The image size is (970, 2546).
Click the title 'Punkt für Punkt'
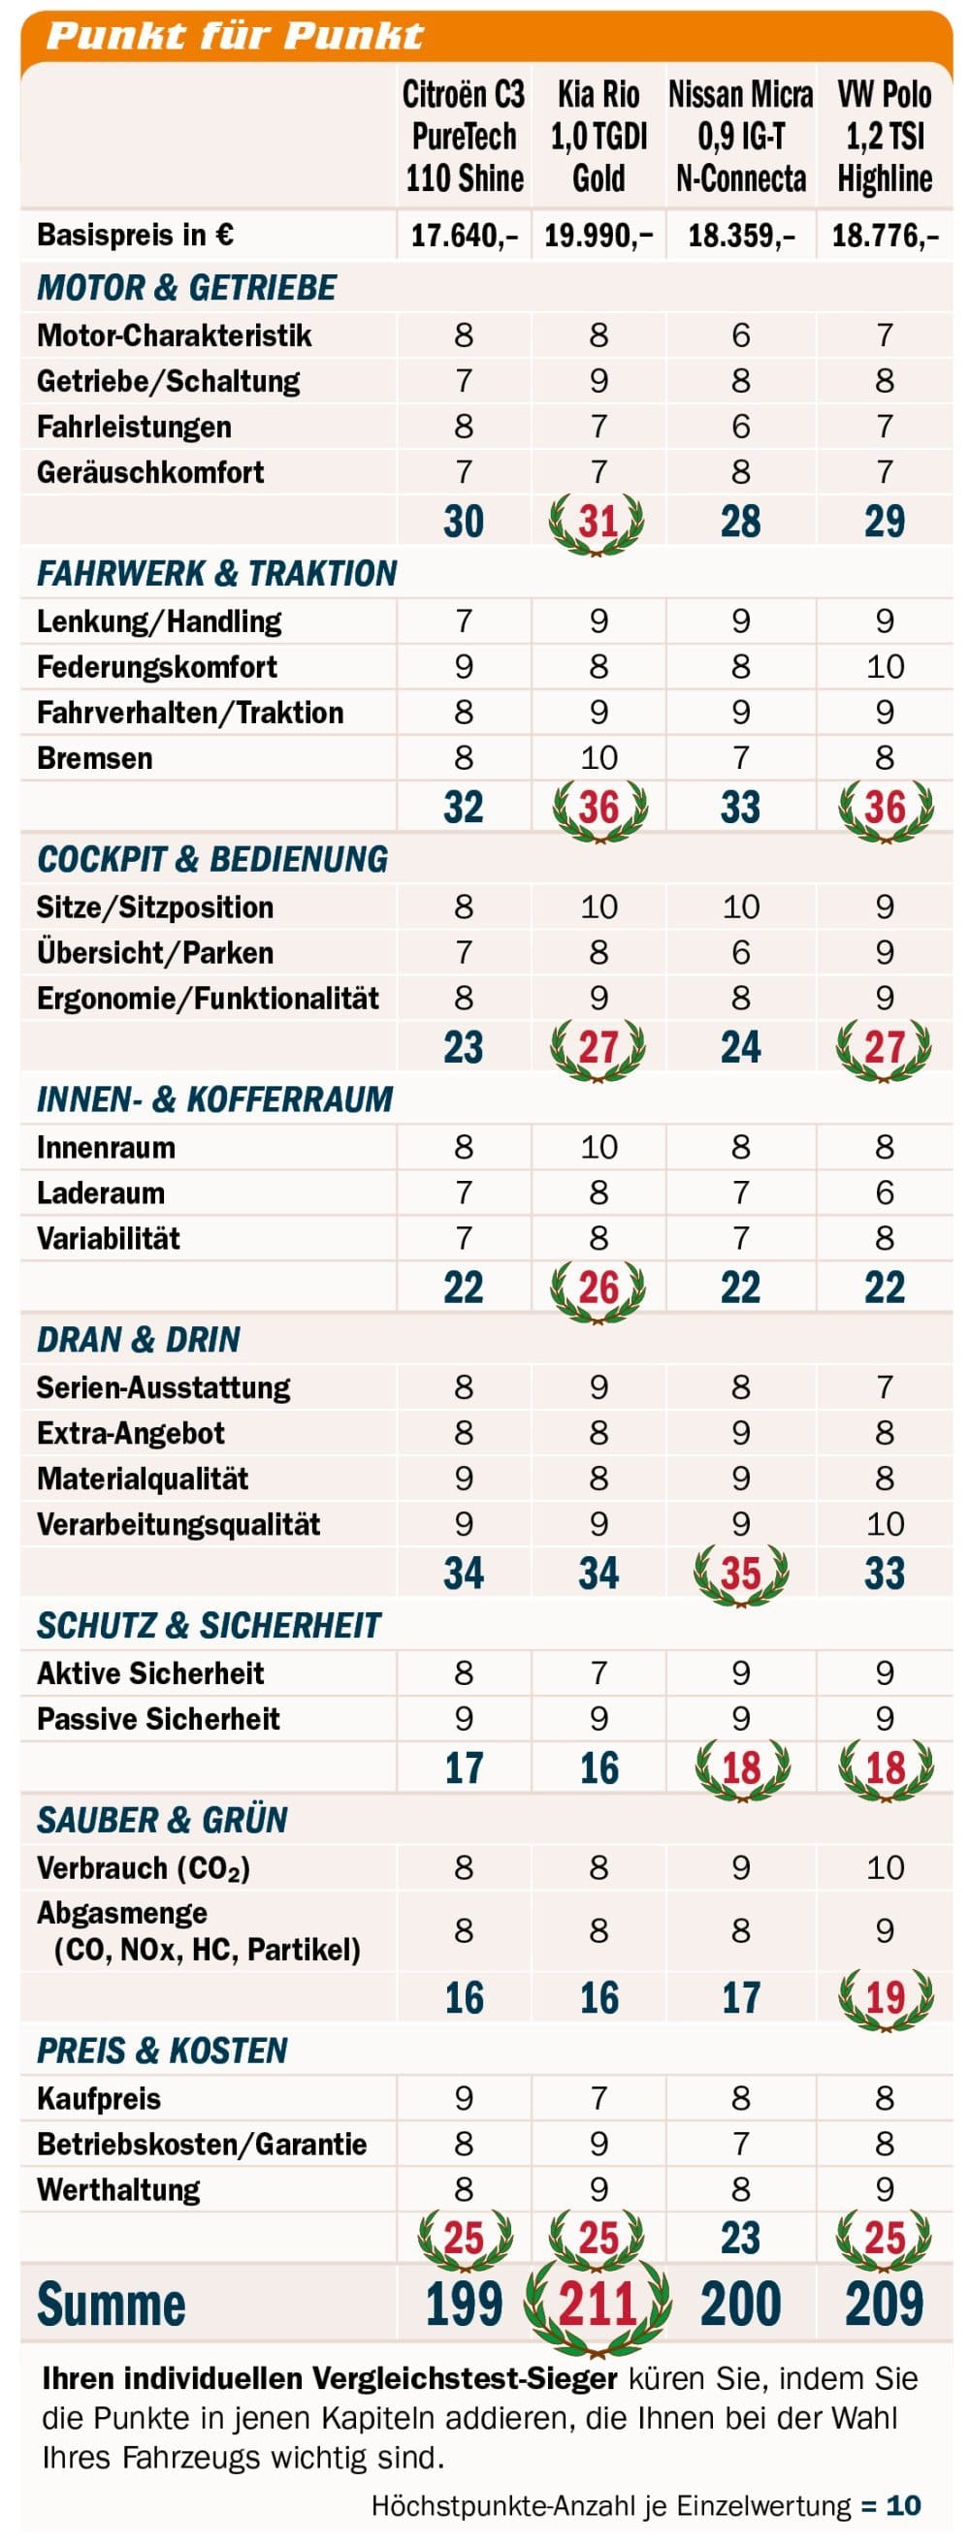235,36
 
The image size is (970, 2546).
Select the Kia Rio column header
598,137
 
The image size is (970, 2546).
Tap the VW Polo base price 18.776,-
885,236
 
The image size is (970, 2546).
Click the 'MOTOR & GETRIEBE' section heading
187,288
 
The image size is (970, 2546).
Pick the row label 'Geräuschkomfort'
150,472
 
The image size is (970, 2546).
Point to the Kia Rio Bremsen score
598,758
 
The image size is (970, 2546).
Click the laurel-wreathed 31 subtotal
598,521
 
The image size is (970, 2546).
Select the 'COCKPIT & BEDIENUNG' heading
212,859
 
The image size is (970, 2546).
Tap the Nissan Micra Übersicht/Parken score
741,952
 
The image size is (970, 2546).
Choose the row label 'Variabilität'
109,1238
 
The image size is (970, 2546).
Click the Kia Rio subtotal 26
598,1287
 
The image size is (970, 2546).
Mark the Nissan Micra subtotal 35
741,1573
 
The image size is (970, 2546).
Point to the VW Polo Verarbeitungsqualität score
885,1524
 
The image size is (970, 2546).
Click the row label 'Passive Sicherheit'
158,1719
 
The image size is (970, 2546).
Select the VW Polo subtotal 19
885,1997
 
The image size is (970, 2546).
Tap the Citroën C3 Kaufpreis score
464,2097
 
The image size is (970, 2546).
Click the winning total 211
598,2305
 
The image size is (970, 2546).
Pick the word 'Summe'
111,2304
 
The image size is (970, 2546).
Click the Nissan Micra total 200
741,2304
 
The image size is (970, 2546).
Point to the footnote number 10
904,2505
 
